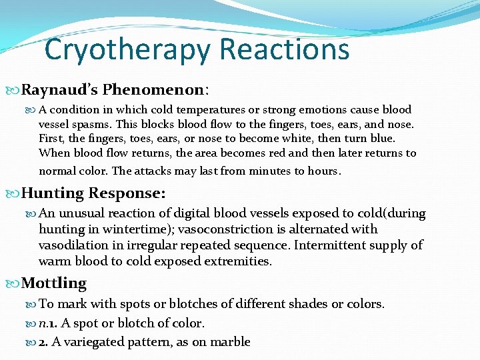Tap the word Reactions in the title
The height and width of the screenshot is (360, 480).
coord(284,49)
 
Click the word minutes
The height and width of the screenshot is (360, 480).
coord(266,171)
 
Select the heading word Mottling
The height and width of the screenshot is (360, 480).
coord(54,283)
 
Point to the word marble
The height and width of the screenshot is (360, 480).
coord(229,342)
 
